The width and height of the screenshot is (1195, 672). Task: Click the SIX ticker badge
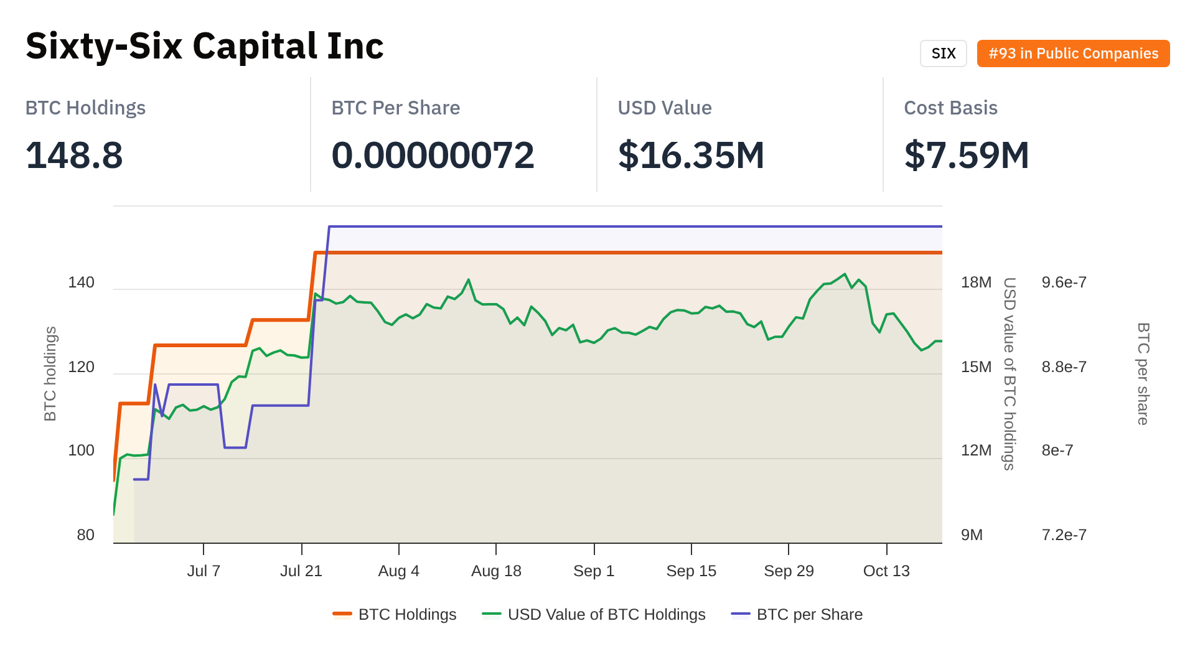[943, 54]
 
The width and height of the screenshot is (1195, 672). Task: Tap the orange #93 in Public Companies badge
[1073, 54]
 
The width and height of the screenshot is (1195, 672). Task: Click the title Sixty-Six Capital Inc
[205, 46]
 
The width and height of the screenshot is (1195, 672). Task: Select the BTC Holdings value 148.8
[74, 155]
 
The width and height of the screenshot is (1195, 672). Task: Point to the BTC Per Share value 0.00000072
[433, 155]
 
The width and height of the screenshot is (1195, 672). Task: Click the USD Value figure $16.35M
[691, 155]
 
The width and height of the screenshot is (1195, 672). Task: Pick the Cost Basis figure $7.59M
[967, 155]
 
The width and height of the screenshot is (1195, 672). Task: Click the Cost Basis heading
[950, 108]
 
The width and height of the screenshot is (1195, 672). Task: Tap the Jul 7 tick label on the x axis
[204, 571]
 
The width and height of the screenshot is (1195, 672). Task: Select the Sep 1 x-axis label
[594, 571]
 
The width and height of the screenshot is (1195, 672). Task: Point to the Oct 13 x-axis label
[886, 571]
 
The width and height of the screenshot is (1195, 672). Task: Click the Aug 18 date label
[496, 571]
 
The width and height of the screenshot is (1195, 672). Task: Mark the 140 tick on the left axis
[81, 282]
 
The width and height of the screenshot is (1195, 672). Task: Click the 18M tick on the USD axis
[976, 282]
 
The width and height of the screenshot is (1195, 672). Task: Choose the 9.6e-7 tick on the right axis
[1064, 282]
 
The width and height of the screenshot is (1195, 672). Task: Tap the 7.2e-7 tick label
[1064, 535]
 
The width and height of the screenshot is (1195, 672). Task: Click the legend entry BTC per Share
[809, 614]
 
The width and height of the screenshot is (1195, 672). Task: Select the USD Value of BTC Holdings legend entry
[606, 614]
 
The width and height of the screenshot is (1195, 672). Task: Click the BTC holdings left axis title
[50, 373]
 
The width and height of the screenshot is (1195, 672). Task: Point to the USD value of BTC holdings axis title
[1009, 373]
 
